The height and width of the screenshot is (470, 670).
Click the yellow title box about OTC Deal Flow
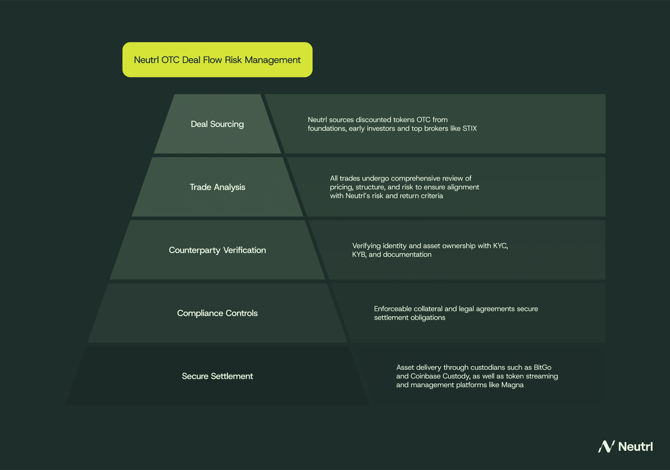(x=217, y=60)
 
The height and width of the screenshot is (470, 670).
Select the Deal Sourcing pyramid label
(x=217, y=124)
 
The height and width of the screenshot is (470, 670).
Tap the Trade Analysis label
(x=217, y=187)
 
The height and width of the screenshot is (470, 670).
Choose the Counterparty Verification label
(x=217, y=250)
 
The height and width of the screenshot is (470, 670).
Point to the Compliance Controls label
(x=217, y=313)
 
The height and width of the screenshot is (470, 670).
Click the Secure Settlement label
(x=217, y=376)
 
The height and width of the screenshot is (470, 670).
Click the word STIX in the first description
(x=469, y=128)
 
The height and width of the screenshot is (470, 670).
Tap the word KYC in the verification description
(x=500, y=246)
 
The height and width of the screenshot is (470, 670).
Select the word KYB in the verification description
(x=358, y=255)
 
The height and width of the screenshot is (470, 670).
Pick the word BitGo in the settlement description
(x=542, y=367)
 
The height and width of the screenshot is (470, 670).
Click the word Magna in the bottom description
(x=512, y=385)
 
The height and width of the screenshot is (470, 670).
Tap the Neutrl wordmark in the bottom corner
(x=635, y=447)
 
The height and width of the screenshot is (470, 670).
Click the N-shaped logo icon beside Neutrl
(x=606, y=446)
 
